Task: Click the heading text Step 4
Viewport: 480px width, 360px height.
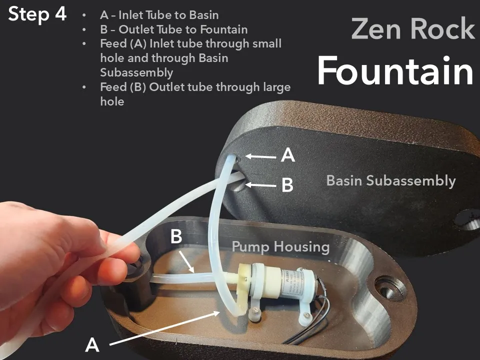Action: tap(37, 14)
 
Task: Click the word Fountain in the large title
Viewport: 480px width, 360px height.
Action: tap(395, 71)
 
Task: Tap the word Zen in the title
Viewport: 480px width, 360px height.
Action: tap(376, 29)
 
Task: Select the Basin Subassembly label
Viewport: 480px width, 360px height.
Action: tap(391, 180)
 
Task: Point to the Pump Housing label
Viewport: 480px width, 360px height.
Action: tap(280, 246)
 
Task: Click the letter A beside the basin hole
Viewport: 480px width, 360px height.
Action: tap(288, 155)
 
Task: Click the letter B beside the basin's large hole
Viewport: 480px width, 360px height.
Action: tap(287, 185)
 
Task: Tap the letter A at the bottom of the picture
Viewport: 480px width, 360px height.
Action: tap(92, 345)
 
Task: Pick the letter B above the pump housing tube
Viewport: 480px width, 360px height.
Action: tap(176, 236)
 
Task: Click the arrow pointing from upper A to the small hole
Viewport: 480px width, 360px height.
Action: tap(260, 156)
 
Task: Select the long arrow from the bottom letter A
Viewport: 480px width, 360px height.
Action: tap(164, 328)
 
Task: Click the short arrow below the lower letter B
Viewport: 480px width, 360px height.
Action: tap(186, 261)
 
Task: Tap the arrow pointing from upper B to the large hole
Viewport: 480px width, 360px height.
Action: tap(260, 185)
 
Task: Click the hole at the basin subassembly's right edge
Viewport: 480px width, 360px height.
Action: tap(468, 219)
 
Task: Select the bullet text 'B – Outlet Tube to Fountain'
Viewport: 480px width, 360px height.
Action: tap(174, 29)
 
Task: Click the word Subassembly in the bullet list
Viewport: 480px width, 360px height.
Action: tap(136, 73)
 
